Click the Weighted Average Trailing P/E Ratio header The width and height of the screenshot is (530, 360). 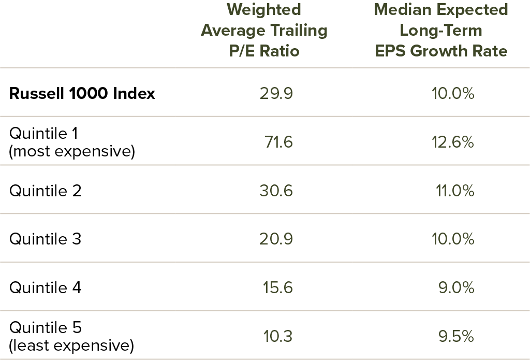(x=264, y=30)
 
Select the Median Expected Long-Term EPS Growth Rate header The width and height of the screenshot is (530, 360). (x=440, y=30)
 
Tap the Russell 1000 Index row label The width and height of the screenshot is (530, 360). (x=82, y=94)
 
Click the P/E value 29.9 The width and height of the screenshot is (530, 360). (x=276, y=94)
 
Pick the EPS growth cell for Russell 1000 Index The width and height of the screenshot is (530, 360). (x=453, y=94)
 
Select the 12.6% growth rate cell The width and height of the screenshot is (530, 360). (x=453, y=142)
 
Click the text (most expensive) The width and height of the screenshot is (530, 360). (x=72, y=152)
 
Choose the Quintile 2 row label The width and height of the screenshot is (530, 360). (x=46, y=191)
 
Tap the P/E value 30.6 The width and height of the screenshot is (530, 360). (x=276, y=191)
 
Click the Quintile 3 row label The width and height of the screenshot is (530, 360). (x=46, y=239)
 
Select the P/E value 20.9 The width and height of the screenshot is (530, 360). (x=276, y=239)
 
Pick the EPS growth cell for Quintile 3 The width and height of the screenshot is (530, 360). (x=453, y=239)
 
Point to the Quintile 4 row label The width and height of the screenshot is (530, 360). (x=46, y=287)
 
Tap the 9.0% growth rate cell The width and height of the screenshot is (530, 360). (x=456, y=287)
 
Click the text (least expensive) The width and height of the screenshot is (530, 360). (x=71, y=345)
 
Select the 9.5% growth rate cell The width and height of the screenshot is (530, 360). (x=456, y=336)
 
